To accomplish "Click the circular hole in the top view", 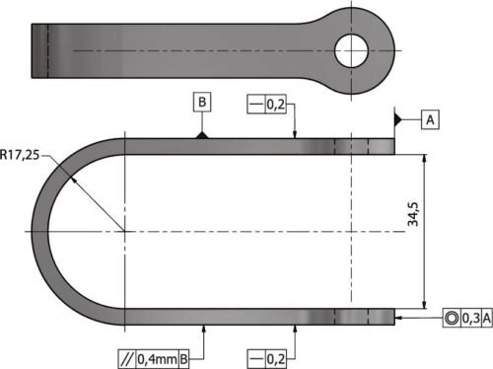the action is (351, 51).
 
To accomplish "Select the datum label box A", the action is (430, 120).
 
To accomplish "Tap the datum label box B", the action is (202, 103).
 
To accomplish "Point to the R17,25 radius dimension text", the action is (20, 155).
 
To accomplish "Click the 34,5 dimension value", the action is (413, 214).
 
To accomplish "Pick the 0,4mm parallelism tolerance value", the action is (157, 359).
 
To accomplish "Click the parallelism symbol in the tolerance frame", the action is (127, 359).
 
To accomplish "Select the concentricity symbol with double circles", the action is (452, 318).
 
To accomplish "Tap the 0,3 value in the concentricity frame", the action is (471, 318).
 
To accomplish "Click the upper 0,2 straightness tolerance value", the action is (275, 105).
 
